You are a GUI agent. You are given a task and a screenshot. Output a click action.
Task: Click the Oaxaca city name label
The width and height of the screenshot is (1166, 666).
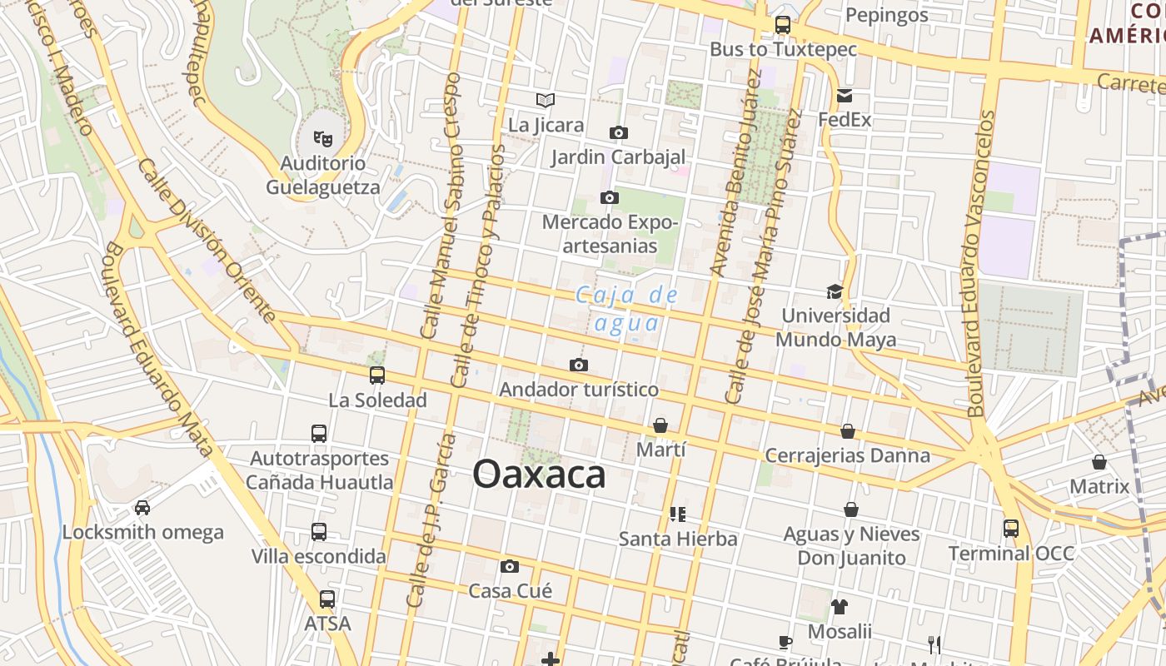coord(539,475)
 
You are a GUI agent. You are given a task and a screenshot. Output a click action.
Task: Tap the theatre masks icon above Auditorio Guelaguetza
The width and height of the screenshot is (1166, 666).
coord(322,137)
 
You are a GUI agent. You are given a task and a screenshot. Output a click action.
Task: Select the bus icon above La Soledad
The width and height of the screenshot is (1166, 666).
coord(377,375)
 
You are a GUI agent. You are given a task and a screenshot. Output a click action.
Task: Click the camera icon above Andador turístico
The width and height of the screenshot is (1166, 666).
coord(579,365)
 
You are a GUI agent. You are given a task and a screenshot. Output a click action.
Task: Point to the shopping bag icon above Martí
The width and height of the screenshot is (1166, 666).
coord(660,425)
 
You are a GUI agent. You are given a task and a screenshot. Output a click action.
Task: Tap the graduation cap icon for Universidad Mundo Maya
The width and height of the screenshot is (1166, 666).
coord(835,291)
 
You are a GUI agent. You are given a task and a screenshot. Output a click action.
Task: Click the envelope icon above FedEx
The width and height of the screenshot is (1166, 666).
coord(845,95)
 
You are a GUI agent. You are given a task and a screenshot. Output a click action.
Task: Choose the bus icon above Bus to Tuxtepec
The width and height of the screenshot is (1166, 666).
coord(783,25)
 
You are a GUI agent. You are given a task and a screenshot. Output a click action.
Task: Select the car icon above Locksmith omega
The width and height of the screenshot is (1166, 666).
coord(142,507)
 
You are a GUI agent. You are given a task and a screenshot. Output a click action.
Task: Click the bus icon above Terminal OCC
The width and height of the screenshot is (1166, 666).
coord(1011,528)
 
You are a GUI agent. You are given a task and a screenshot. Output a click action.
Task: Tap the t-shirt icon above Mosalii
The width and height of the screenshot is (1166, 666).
coord(840,607)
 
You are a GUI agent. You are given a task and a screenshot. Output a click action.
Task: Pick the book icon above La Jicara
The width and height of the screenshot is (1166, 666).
coord(546,101)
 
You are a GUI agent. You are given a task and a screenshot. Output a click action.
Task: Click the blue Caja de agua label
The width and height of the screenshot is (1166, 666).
coord(627,309)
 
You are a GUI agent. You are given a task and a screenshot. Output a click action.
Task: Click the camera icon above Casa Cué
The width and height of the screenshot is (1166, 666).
coord(510,566)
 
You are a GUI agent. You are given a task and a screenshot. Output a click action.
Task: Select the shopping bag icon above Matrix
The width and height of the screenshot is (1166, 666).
coord(1099,462)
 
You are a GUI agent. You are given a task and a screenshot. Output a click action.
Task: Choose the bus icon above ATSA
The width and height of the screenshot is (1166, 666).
coord(327,599)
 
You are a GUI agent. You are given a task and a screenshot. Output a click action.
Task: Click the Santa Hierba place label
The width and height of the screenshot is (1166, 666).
coord(678,539)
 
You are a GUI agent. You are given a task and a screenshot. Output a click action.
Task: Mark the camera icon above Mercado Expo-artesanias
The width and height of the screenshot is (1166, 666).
coord(610,197)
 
